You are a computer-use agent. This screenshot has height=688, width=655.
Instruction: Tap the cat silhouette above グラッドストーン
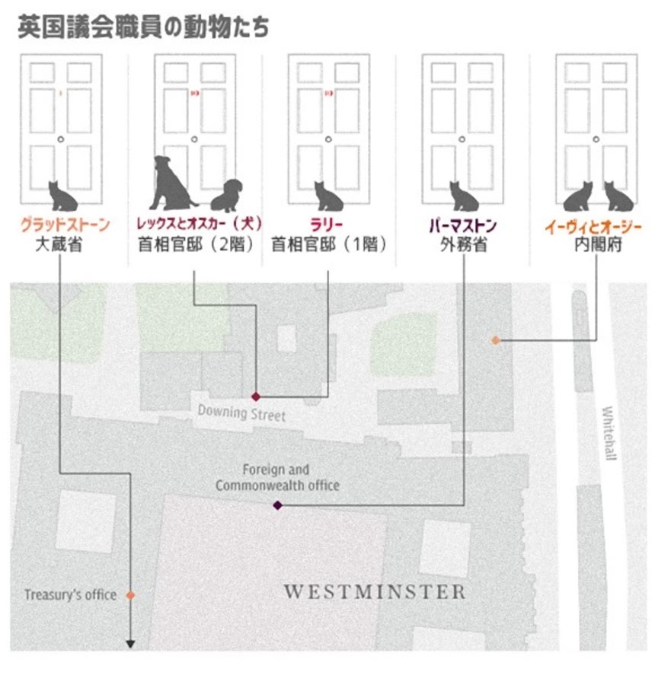click(64, 196)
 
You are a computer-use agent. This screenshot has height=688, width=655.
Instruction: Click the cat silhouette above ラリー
click(329, 196)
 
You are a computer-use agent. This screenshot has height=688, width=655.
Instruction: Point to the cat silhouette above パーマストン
click(463, 196)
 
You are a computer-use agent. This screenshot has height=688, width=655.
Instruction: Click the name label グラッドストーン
click(64, 225)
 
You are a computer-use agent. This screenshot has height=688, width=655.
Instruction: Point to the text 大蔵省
click(64, 246)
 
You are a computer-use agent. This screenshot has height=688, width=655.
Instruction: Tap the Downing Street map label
click(241, 414)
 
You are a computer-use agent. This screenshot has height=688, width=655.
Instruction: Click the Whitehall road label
click(608, 432)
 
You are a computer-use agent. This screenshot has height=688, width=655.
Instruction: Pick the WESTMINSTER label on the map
click(374, 592)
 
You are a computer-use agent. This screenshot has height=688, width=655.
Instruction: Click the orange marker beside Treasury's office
click(130, 595)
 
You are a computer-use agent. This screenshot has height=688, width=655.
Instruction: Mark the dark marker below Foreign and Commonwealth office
click(277, 505)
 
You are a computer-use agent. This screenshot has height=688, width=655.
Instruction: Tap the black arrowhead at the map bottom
click(130, 644)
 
